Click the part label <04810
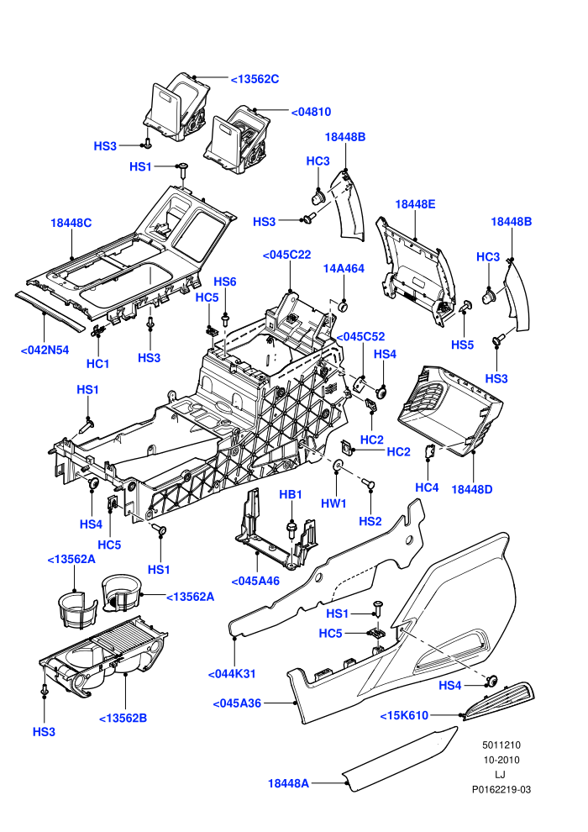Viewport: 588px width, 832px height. click(311, 112)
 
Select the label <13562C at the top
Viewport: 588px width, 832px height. click(255, 79)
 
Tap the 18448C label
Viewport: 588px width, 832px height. click(71, 223)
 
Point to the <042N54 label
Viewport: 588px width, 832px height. click(45, 350)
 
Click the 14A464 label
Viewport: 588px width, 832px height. click(344, 268)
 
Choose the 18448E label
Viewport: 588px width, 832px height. click(415, 204)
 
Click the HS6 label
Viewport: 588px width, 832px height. click(225, 282)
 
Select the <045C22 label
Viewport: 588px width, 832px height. click(286, 255)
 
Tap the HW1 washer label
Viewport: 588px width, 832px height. click(333, 503)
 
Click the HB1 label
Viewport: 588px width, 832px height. click(291, 494)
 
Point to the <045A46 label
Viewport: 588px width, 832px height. click(255, 581)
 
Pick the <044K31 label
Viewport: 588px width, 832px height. click(232, 674)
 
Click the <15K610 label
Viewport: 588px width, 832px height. click(404, 715)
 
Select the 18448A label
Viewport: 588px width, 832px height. click(288, 783)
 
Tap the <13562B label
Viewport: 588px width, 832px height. click(123, 718)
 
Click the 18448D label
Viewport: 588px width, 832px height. click(472, 489)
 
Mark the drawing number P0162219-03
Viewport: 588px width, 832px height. click(501, 789)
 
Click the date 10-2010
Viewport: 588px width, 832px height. click(501, 760)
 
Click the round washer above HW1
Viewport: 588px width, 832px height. click(337, 466)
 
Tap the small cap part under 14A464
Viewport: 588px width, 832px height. click(343, 306)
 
